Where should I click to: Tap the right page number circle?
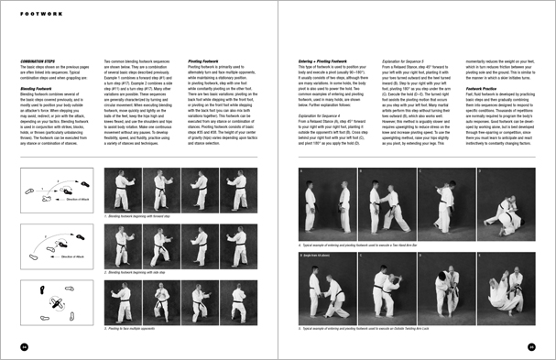pos(531,345)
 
